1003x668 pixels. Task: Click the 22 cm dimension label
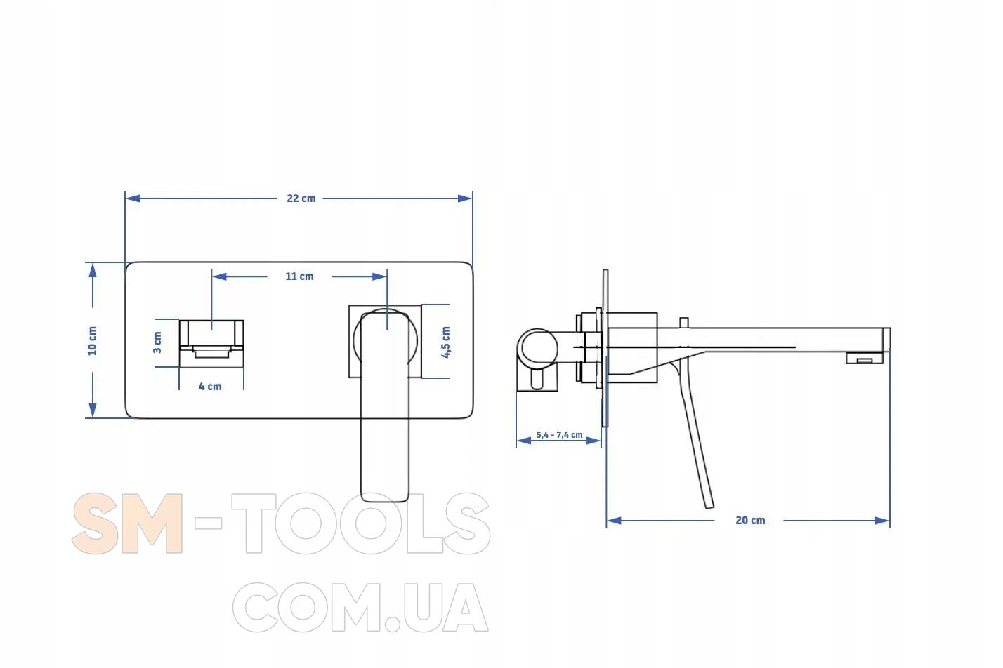tap(301, 198)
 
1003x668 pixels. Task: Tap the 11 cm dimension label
tap(299, 276)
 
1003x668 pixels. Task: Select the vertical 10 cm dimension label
tap(92, 341)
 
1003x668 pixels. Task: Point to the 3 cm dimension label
tap(157, 342)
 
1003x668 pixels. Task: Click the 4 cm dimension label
tap(210, 386)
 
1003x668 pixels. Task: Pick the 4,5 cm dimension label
tap(446, 342)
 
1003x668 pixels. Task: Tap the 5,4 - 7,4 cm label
tap(559, 435)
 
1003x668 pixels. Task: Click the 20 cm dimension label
tap(750, 521)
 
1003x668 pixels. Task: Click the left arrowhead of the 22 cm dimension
tap(133, 199)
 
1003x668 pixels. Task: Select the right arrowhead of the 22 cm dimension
tap(465, 199)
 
